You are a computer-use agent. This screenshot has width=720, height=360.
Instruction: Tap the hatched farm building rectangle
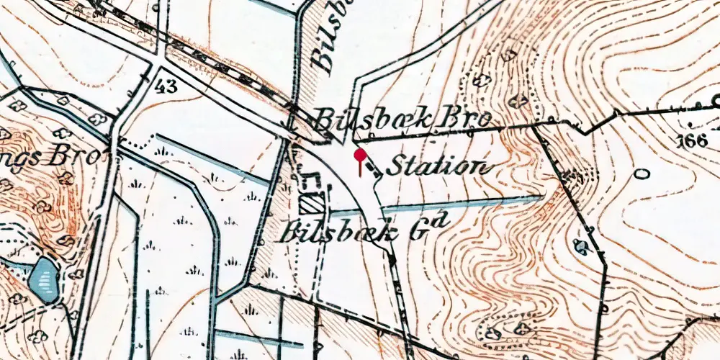click(x=312, y=204)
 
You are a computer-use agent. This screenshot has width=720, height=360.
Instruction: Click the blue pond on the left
click(x=44, y=279)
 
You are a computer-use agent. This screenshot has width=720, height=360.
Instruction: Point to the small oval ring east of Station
click(x=641, y=174)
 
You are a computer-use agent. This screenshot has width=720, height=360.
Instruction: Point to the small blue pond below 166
click(x=580, y=246)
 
